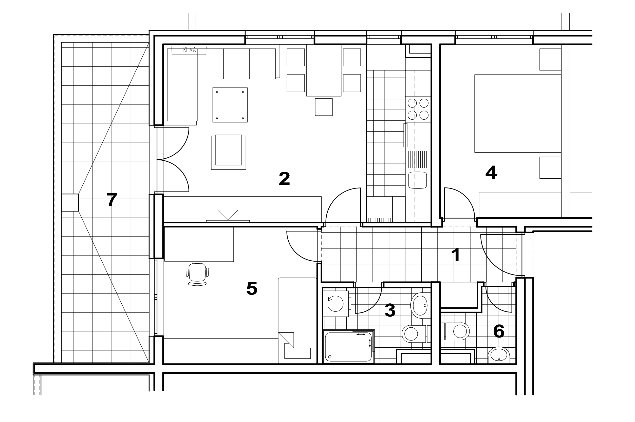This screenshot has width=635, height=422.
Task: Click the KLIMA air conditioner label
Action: [189, 50]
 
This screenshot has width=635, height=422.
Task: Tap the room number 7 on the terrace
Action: [111, 200]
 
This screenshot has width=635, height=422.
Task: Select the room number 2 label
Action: [284, 179]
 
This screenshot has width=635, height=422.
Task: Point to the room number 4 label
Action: [491, 173]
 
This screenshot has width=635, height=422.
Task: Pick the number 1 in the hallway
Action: [456, 255]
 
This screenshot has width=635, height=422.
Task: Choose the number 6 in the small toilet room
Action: [499, 331]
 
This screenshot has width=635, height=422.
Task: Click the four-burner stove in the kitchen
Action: [418, 109]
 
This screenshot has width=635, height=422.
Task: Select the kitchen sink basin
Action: [418, 180]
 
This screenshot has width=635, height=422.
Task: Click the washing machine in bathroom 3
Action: [336, 304]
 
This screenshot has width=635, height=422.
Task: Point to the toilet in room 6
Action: [457, 331]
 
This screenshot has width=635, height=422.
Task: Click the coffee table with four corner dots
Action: [230, 105]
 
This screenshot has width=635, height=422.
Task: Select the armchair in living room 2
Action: [229, 152]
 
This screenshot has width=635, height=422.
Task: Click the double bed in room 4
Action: [518, 114]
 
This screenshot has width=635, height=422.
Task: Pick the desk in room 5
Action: [199, 244]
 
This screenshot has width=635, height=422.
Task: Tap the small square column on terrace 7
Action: [70, 202]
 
